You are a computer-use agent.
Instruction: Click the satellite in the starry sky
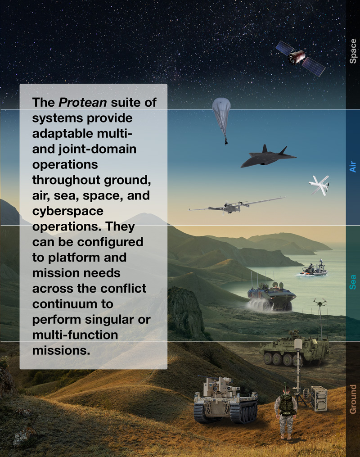click(x=300, y=58)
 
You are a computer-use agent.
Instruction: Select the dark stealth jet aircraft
click(x=268, y=157)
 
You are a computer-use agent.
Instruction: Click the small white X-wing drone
click(x=319, y=185)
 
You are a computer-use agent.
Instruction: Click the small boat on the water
click(x=314, y=270)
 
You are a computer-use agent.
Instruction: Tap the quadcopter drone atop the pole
click(x=320, y=302)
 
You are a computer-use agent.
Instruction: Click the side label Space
click(x=353, y=51)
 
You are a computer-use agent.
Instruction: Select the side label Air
click(x=353, y=167)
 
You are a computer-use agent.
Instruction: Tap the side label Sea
click(x=353, y=282)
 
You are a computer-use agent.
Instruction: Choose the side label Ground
click(x=353, y=399)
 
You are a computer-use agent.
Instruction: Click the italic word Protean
click(x=83, y=102)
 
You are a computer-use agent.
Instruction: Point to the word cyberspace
click(x=67, y=211)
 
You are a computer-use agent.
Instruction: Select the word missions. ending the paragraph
click(x=61, y=350)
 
